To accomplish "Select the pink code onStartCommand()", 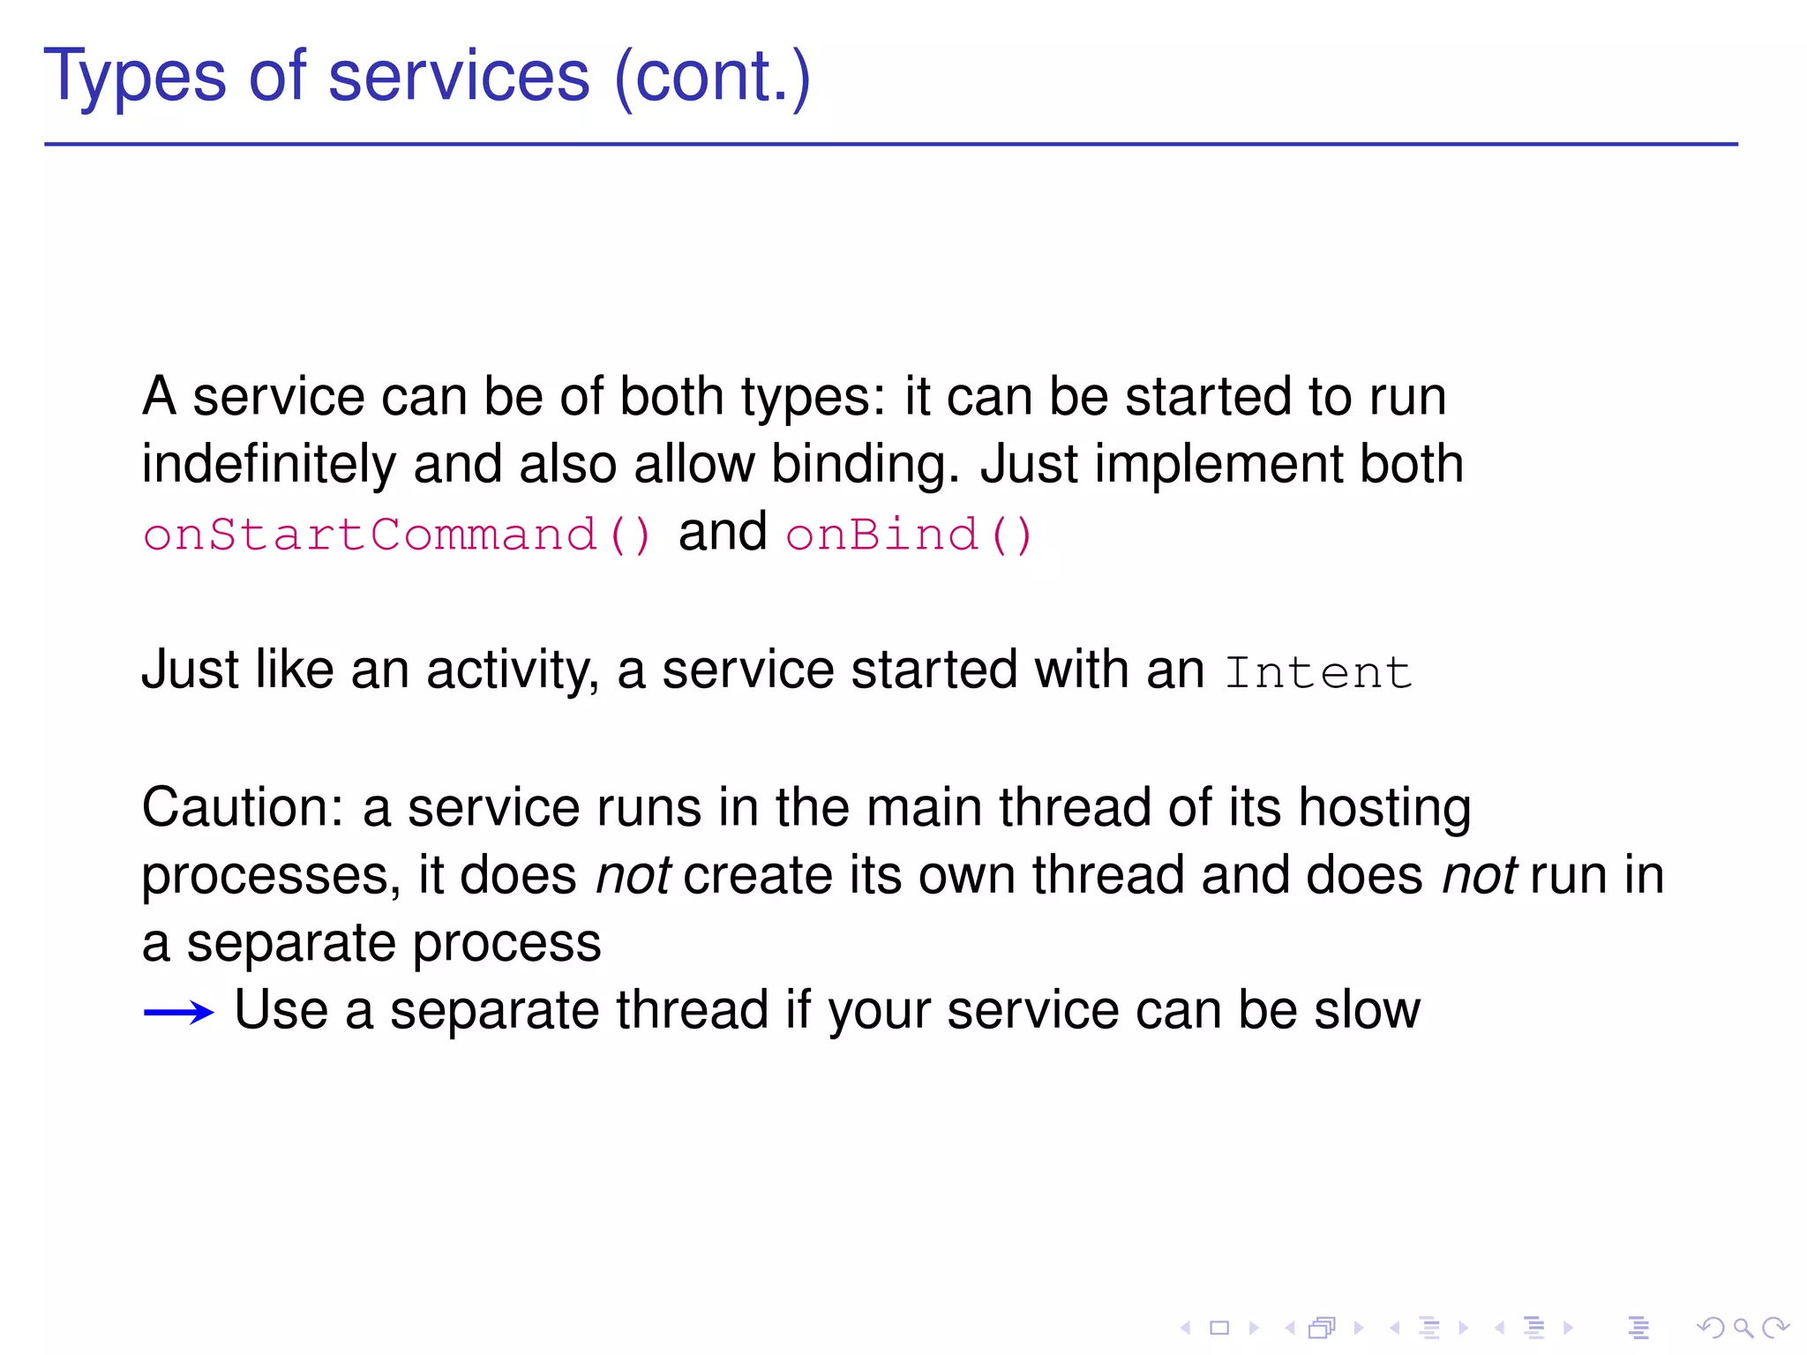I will click(397, 535).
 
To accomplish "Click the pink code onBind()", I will click(909, 535).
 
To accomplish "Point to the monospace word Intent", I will click(1318, 673).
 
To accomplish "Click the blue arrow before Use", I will click(179, 1012).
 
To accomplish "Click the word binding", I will click(865, 466).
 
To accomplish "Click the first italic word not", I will click(633, 876).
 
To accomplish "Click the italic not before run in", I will click(1480, 876).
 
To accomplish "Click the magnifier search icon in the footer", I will click(1743, 1328).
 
